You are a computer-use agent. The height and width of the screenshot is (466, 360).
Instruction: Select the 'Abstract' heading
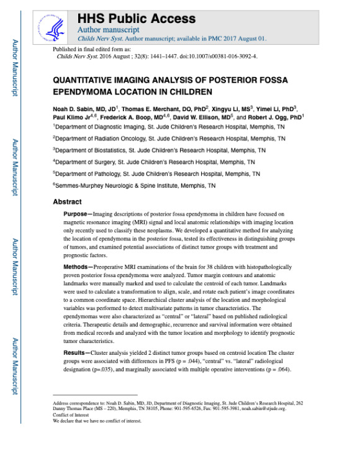pos(67,202)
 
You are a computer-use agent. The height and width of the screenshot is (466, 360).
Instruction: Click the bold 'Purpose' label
pos(78,214)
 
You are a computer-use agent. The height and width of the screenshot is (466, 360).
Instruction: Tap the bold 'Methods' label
pos(78,284)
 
